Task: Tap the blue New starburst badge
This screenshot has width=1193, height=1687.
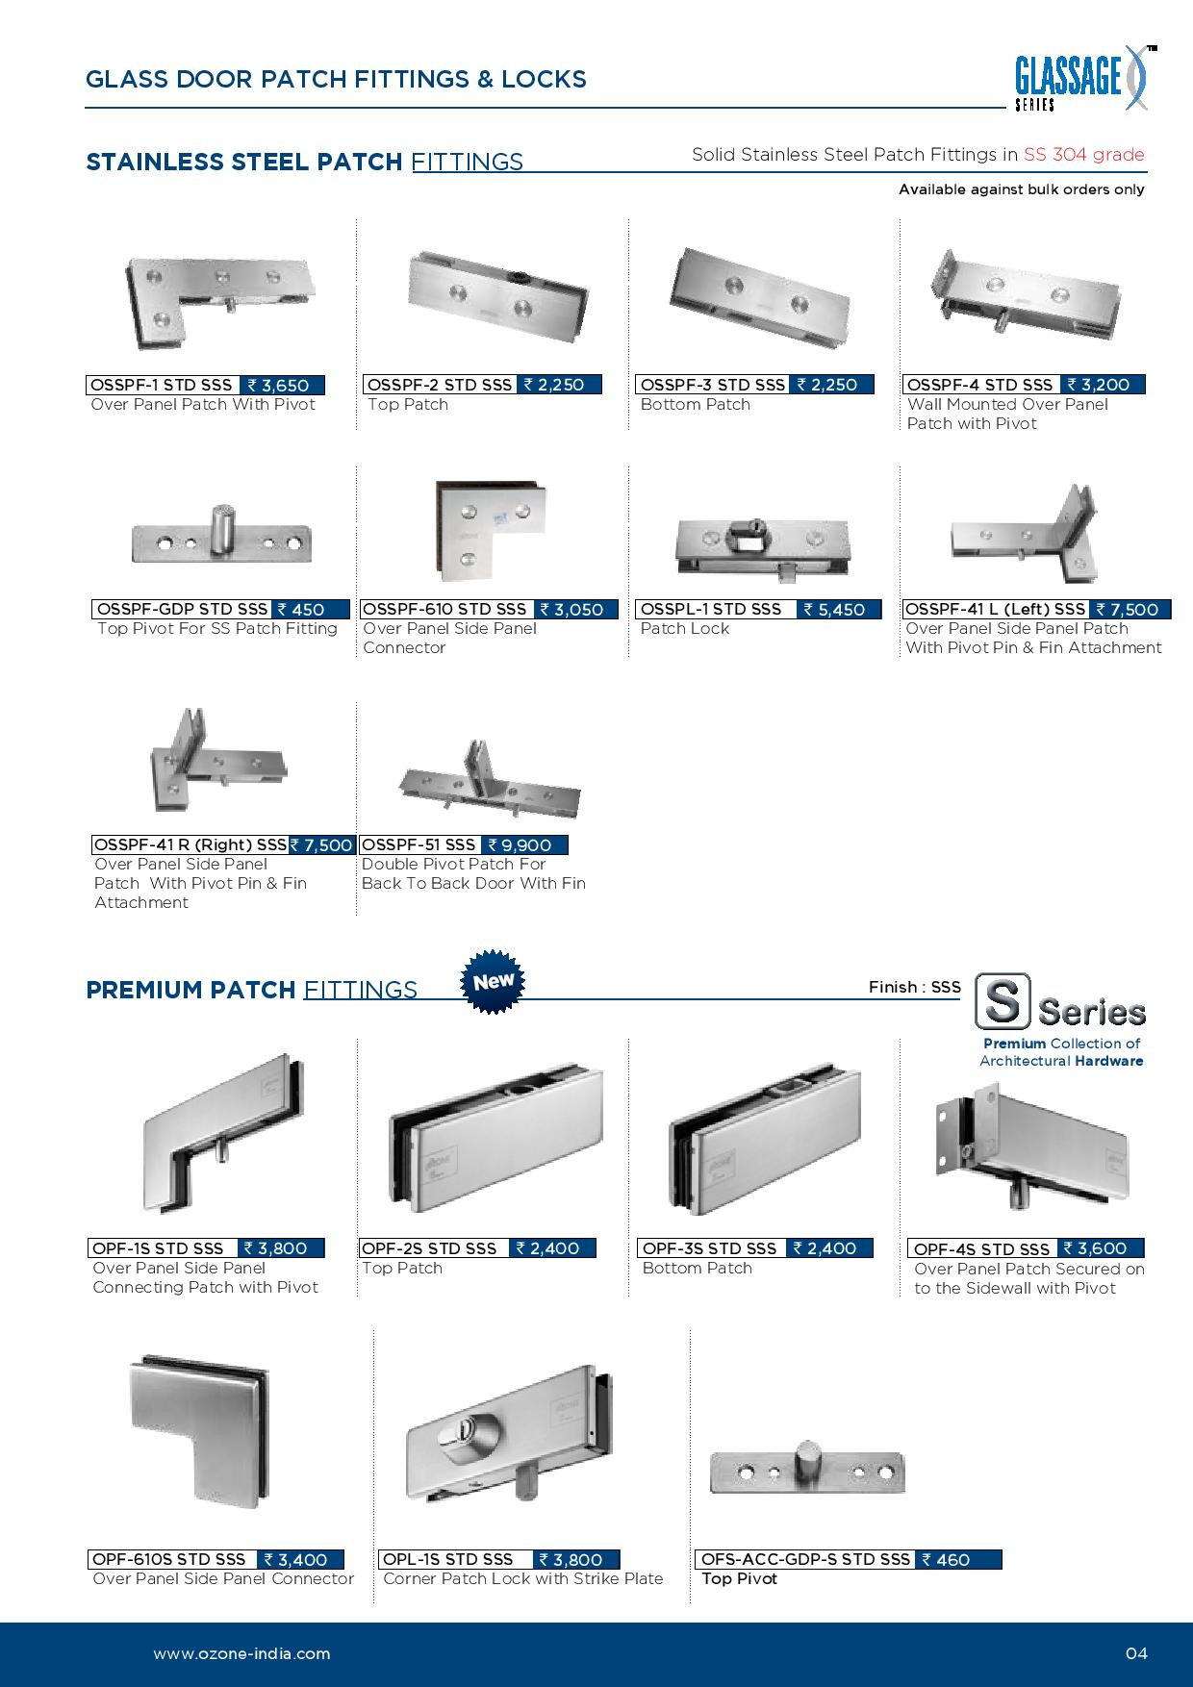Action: (x=495, y=983)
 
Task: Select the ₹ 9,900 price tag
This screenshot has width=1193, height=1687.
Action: (x=524, y=844)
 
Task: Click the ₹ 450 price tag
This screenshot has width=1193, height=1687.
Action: (x=301, y=609)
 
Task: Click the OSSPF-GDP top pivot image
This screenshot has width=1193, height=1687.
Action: (x=222, y=536)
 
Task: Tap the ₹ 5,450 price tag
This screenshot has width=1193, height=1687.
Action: (x=837, y=609)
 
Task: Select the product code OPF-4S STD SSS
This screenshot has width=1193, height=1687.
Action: (x=981, y=1248)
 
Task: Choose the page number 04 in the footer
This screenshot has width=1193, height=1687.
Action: (x=1136, y=1654)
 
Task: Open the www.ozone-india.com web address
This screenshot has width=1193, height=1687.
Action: (x=241, y=1654)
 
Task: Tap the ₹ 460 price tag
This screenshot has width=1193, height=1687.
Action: (x=958, y=1559)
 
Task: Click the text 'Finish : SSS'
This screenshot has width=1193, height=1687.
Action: (x=914, y=988)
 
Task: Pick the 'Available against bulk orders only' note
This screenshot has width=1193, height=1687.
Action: (x=1022, y=189)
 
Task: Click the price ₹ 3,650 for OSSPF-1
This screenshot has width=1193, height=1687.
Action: (x=280, y=385)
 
